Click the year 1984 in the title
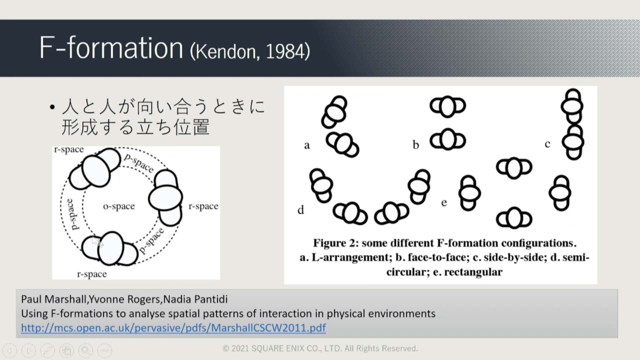click(285, 51)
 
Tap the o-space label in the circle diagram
click(119, 206)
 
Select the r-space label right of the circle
click(203, 206)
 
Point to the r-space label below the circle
click(92, 274)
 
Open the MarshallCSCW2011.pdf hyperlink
click(173, 328)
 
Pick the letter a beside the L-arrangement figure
click(307, 145)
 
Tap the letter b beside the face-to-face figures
click(416, 144)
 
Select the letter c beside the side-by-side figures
click(547, 144)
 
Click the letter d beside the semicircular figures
click(301, 210)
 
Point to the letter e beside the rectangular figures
click(444, 203)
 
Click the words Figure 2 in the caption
click(336, 243)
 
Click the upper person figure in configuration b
click(448, 106)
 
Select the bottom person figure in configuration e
click(514, 218)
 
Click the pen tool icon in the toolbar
click(48, 350)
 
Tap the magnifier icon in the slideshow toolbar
click(86, 350)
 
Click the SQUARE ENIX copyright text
click(320, 349)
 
